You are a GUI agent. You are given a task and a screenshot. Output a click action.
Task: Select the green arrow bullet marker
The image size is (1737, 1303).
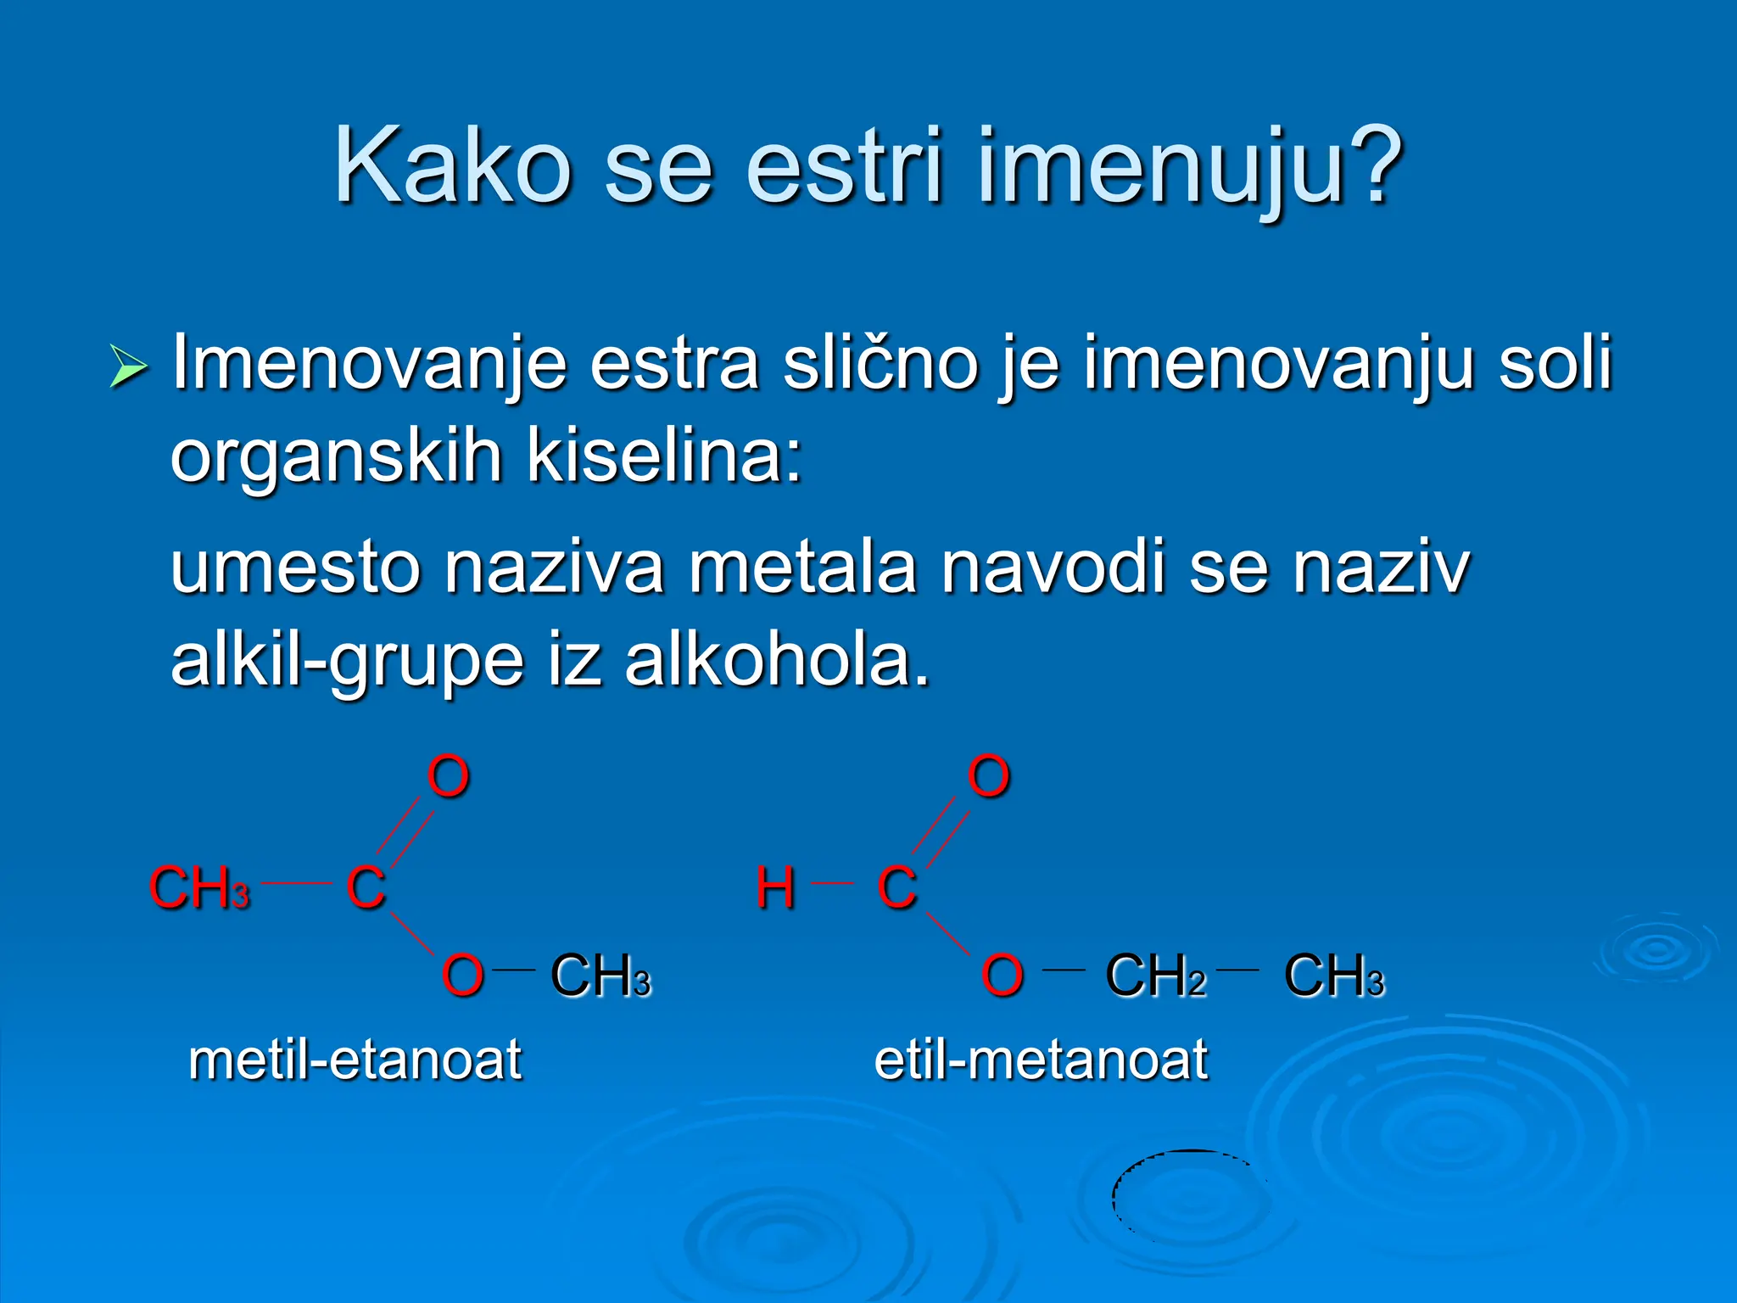[x=128, y=368]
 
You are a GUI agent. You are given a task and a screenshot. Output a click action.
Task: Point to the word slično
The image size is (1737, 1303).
[x=880, y=363]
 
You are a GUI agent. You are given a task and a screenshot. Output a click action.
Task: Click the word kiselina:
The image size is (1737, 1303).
[x=664, y=456]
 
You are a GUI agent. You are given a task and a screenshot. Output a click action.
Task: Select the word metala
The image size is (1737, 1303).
[x=802, y=568]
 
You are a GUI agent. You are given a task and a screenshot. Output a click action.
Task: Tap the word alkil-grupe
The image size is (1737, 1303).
[x=347, y=661]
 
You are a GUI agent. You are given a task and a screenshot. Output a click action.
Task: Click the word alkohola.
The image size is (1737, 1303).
[x=777, y=661]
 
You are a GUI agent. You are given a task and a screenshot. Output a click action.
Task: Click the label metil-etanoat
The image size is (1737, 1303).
[x=355, y=1060]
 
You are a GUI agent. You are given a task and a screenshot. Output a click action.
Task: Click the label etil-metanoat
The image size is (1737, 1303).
[x=1041, y=1060]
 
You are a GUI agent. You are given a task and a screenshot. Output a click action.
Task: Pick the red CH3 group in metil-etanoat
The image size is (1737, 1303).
[x=199, y=888]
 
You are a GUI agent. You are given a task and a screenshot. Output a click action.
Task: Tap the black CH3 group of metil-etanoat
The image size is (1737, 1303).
[x=600, y=976]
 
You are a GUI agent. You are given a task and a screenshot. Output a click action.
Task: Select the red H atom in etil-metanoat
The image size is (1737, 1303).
[x=775, y=888]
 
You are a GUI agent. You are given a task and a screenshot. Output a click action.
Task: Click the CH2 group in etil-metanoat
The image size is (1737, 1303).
[x=1155, y=976]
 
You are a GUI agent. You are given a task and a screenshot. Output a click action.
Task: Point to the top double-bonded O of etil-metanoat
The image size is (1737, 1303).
[x=989, y=776]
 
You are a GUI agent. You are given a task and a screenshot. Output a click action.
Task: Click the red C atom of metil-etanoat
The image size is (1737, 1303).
[x=366, y=888]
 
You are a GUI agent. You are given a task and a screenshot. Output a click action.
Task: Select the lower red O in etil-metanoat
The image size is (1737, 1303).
[x=1003, y=976]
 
